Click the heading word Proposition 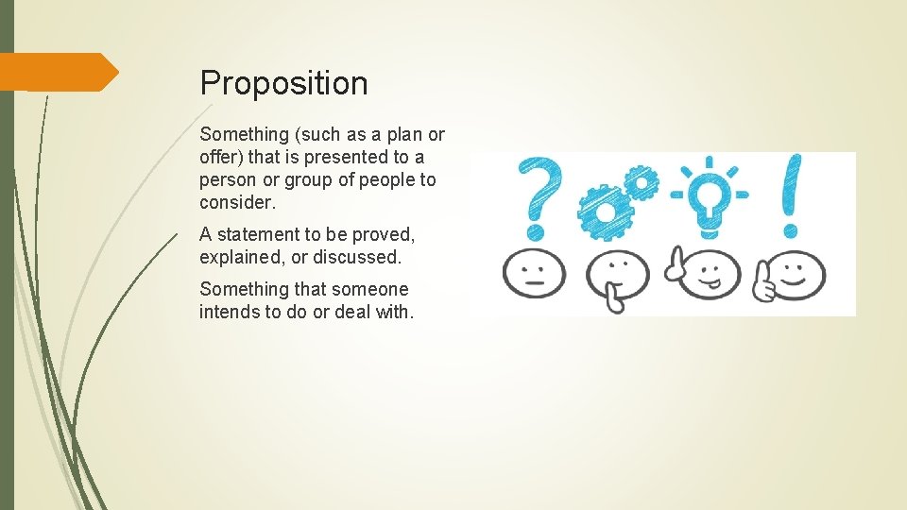pos(283,83)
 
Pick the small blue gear pos(642,183)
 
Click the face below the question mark pos(534,273)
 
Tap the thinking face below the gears pos(617,276)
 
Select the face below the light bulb pos(703,273)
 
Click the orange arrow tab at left pos(59,72)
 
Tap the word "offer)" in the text pos(221,158)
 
